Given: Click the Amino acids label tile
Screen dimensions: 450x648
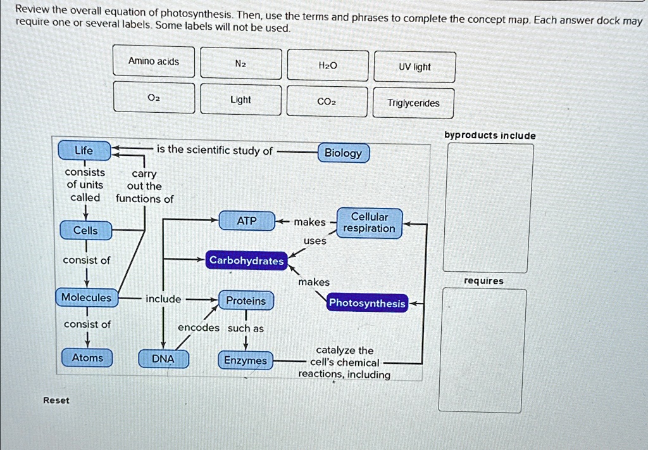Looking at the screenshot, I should [x=154, y=61].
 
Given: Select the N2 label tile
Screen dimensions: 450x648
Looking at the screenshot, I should [x=241, y=63].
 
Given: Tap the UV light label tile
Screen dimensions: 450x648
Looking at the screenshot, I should [x=414, y=67].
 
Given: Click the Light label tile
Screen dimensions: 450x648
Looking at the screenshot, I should [x=240, y=100].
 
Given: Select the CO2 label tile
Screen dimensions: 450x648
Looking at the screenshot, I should [x=327, y=101].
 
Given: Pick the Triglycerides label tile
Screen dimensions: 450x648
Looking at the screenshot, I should [x=414, y=103].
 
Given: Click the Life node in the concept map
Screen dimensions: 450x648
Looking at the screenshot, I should [x=84, y=151].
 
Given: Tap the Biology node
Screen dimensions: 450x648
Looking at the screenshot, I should [x=343, y=153].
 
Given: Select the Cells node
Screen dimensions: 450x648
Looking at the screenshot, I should [x=86, y=230].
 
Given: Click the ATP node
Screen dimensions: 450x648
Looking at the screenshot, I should [x=247, y=221].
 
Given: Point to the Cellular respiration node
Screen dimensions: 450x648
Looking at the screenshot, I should [x=369, y=222].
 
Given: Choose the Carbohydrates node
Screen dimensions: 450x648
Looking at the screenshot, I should [x=247, y=260].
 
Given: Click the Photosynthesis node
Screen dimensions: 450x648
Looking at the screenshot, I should [x=367, y=303].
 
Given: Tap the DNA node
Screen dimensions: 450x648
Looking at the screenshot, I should [x=163, y=359].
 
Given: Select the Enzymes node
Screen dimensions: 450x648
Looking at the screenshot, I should [x=246, y=361].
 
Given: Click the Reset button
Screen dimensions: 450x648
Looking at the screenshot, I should [x=56, y=401].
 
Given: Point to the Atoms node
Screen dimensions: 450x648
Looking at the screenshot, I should [x=87, y=358].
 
